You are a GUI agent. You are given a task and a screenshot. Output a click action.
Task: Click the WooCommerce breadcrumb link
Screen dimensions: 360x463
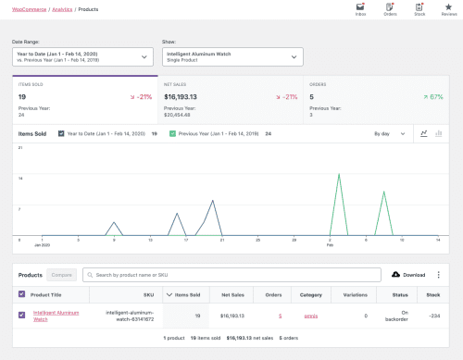pos(25,8)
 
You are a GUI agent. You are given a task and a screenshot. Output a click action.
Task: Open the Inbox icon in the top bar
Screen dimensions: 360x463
pos(360,9)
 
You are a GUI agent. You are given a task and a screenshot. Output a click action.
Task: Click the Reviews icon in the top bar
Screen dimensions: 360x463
pos(447,9)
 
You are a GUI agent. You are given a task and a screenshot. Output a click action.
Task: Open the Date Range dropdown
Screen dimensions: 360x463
pos(81,57)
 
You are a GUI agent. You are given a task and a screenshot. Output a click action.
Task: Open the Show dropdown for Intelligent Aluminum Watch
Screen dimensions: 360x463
pos(231,57)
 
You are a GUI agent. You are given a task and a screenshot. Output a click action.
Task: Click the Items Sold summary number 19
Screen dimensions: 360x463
pos(23,95)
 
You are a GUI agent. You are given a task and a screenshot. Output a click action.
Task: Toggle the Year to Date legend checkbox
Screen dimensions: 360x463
pos(59,134)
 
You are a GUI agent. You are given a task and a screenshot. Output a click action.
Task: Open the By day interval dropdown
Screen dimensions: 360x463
pos(389,134)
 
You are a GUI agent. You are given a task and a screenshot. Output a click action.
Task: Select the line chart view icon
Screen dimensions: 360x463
pos(423,134)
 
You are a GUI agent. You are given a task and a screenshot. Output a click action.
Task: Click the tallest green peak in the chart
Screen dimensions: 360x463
pos(340,178)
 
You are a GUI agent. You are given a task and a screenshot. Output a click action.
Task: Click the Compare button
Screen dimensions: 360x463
pos(62,275)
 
